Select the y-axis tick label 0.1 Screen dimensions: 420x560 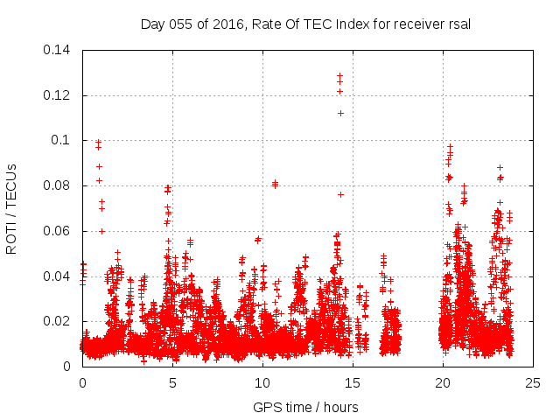(x=65, y=140)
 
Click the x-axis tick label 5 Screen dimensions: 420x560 (x=172, y=382)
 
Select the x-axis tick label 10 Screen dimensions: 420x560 (x=262, y=382)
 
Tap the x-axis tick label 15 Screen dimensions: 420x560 (x=353, y=382)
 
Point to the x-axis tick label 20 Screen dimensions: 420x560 (x=443, y=382)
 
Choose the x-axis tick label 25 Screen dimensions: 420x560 (x=533, y=382)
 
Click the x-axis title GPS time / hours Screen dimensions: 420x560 (x=305, y=407)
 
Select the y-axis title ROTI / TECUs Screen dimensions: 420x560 (x=12, y=208)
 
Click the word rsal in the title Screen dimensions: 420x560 (x=458, y=24)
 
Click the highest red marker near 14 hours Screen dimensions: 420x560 (x=339, y=76)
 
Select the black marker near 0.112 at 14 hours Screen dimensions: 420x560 (x=340, y=113)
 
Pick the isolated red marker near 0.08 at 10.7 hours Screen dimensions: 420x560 (x=275, y=184)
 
